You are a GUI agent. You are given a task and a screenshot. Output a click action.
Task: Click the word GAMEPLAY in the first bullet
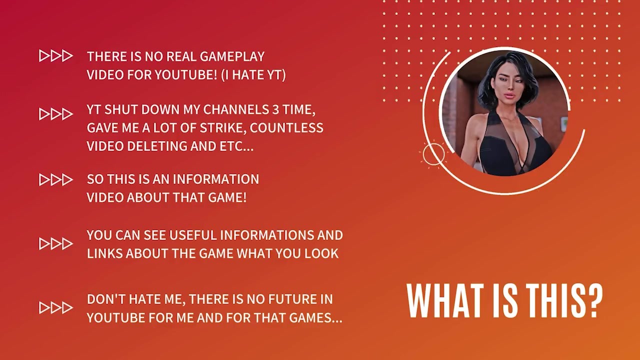(232, 56)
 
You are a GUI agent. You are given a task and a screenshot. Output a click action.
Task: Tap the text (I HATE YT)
(253, 75)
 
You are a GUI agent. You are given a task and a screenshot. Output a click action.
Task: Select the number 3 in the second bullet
(275, 109)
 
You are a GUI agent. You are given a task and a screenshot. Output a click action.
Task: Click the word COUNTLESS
(286, 128)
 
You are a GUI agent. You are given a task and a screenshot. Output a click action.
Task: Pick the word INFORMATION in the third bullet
(216, 179)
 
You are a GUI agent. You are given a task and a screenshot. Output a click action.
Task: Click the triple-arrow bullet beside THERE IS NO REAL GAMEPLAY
(55, 56)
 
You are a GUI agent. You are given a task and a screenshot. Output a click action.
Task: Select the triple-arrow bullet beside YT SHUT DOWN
(55, 114)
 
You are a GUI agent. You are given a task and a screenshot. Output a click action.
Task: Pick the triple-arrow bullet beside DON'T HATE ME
(55, 308)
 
